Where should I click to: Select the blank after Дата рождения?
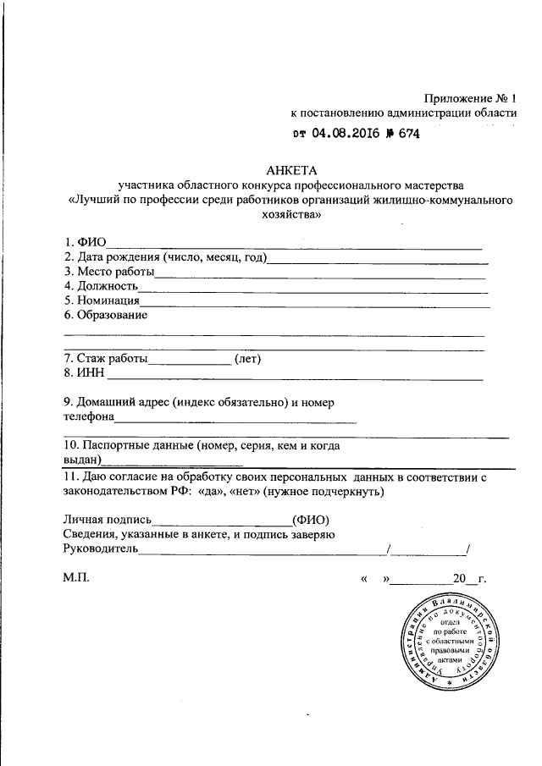(377, 261)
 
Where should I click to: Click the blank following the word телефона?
(235, 420)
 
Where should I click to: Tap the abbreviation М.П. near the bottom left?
(75, 579)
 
